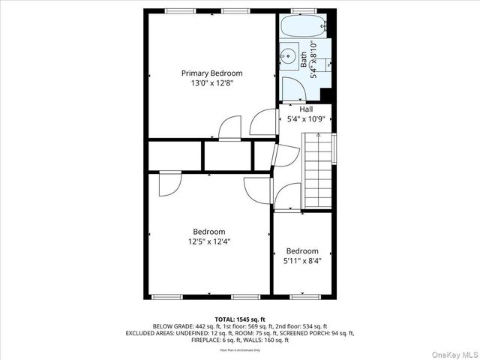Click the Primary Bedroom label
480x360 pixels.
point(211,73)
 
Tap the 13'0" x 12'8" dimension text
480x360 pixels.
point(211,83)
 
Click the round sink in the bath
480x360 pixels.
point(288,55)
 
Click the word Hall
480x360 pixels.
point(306,109)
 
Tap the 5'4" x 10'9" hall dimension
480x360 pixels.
point(306,119)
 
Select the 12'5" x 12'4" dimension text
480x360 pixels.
point(208,241)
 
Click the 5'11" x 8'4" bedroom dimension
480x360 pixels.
point(302,261)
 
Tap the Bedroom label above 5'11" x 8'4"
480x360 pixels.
point(302,250)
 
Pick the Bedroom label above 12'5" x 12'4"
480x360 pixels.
point(208,232)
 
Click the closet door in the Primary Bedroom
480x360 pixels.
point(229,127)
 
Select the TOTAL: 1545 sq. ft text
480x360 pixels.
point(240,319)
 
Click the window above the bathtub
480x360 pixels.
point(302,10)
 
